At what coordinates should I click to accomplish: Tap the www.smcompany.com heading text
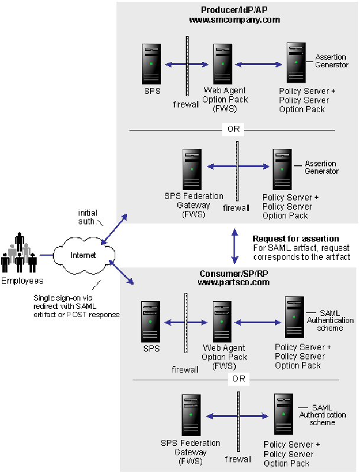234,19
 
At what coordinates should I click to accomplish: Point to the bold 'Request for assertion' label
287,239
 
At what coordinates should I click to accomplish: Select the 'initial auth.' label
88,217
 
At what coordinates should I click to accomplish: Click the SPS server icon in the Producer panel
151,64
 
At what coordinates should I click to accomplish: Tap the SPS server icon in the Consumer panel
151,322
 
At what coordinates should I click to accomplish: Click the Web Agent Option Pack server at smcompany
222,64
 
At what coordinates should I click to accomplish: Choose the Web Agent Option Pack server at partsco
222,322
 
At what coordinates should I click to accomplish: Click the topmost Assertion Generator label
332,61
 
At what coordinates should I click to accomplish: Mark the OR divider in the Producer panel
234,129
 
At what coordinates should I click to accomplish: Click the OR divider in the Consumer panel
238,379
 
